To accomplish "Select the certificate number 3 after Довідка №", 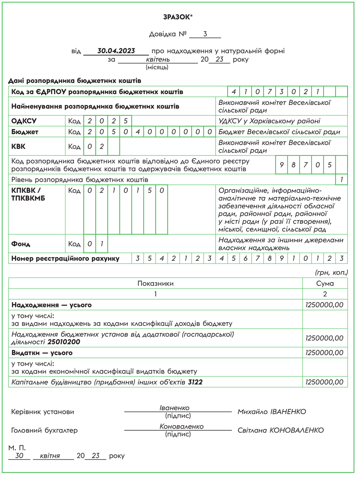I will point(205,34).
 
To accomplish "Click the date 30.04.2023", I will point(116,51).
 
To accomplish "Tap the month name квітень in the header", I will point(158,60).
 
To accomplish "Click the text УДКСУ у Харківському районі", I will point(269,121).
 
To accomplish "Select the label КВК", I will point(18,147).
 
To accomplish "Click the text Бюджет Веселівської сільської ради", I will point(279,132).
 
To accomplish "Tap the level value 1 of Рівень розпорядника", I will point(341,179).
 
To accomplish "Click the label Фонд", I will point(21,244).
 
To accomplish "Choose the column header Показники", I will point(156,283).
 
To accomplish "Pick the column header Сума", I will point(325,283).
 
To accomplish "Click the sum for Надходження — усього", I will point(324,305).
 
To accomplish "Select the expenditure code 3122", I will point(195,382).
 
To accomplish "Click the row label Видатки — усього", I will point(42,353).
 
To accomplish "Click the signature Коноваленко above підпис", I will point(181,426).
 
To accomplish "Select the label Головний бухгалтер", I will point(45,430).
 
